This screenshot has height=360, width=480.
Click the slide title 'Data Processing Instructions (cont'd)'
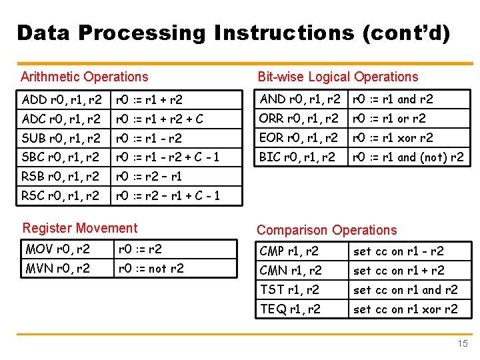coord(233,33)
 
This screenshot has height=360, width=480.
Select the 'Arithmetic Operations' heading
coord(85,77)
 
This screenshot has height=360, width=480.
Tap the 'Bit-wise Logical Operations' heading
coord(338,77)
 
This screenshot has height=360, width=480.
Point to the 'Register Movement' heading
coord(80,228)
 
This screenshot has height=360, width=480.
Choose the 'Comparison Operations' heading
coord(327,230)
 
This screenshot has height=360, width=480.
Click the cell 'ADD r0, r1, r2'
coord(62,100)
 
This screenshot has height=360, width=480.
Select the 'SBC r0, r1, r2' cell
coord(62,158)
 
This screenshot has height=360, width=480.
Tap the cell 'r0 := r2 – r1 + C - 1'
coord(168,197)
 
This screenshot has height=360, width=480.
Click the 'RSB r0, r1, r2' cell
coord(62,177)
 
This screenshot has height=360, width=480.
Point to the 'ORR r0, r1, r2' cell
coord(299,119)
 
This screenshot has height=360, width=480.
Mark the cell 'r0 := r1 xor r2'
coord(393,138)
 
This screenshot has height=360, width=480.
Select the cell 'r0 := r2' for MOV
coord(140,249)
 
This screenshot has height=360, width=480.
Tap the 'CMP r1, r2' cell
coord(289,251)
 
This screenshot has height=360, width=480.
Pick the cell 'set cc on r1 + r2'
coord(399,271)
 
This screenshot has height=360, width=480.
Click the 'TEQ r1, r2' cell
coord(290,309)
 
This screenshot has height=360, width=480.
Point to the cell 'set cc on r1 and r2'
coord(405,290)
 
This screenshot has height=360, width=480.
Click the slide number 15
coord(463,344)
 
